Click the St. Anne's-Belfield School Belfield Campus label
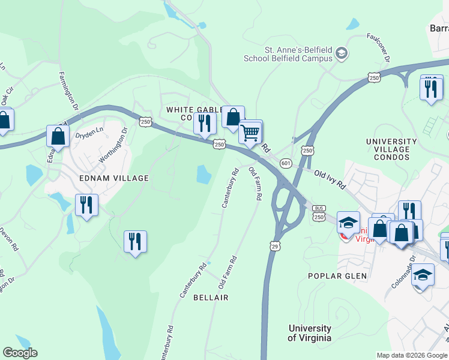[288, 54]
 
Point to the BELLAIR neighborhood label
[211, 298]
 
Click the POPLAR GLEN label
[333, 276]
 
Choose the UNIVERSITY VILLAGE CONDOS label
[388, 149]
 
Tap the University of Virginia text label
[309, 333]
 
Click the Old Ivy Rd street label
[330, 179]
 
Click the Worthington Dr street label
[113, 145]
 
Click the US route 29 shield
[275, 247]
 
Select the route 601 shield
[286, 163]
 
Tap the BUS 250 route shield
[318, 213]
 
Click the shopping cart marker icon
[251, 132]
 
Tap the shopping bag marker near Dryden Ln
[58, 136]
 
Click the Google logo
[20, 353]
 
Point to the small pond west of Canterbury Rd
[204, 174]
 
